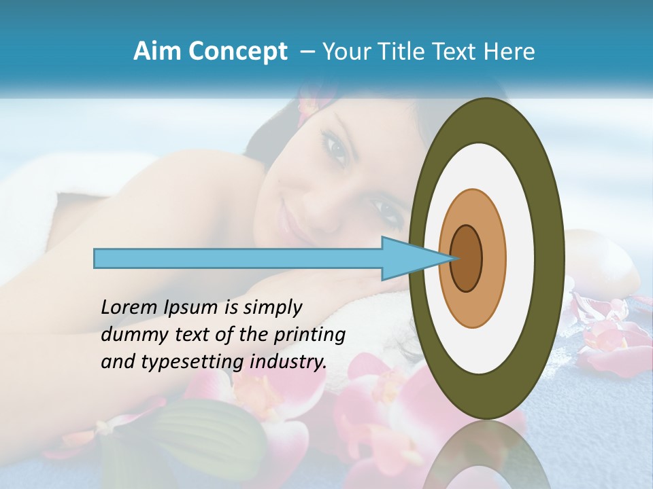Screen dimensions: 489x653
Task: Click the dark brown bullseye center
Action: coord(467,258)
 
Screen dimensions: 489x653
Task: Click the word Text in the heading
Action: coord(457,52)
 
